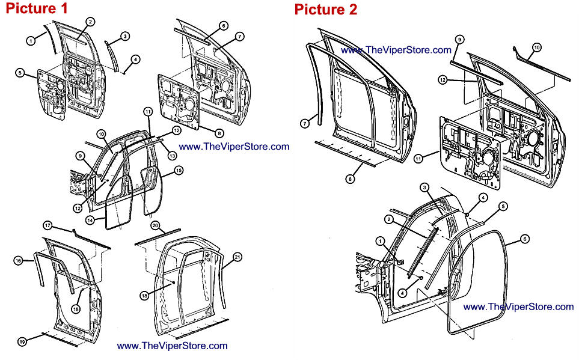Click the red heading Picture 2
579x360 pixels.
pyautogui.click(x=325, y=10)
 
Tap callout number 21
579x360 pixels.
pyautogui.click(x=237, y=258)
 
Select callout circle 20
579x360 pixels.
pyautogui.click(x=155, y=226)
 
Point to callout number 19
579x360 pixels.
pyautogui.click(x=22, y=342)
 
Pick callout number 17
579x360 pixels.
pyautogui.click(x=47, y=226)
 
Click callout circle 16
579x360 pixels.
pyautogui.click(x=18, y=260)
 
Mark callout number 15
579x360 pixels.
pyautogui.click(x=179, y=171)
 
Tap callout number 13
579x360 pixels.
pyautogui.click(x=172, y=156)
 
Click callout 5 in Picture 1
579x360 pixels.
pyautogui.click(x=20, y=73)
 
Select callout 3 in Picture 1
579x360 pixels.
pyautogui.click(x=125, y=36)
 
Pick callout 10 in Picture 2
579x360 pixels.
pyautogui.click(x=537, y=47)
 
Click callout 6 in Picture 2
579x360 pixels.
pyautogui.click(x=525, y=238)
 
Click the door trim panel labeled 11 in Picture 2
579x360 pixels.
pyautogui.click(x=472, y=156)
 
